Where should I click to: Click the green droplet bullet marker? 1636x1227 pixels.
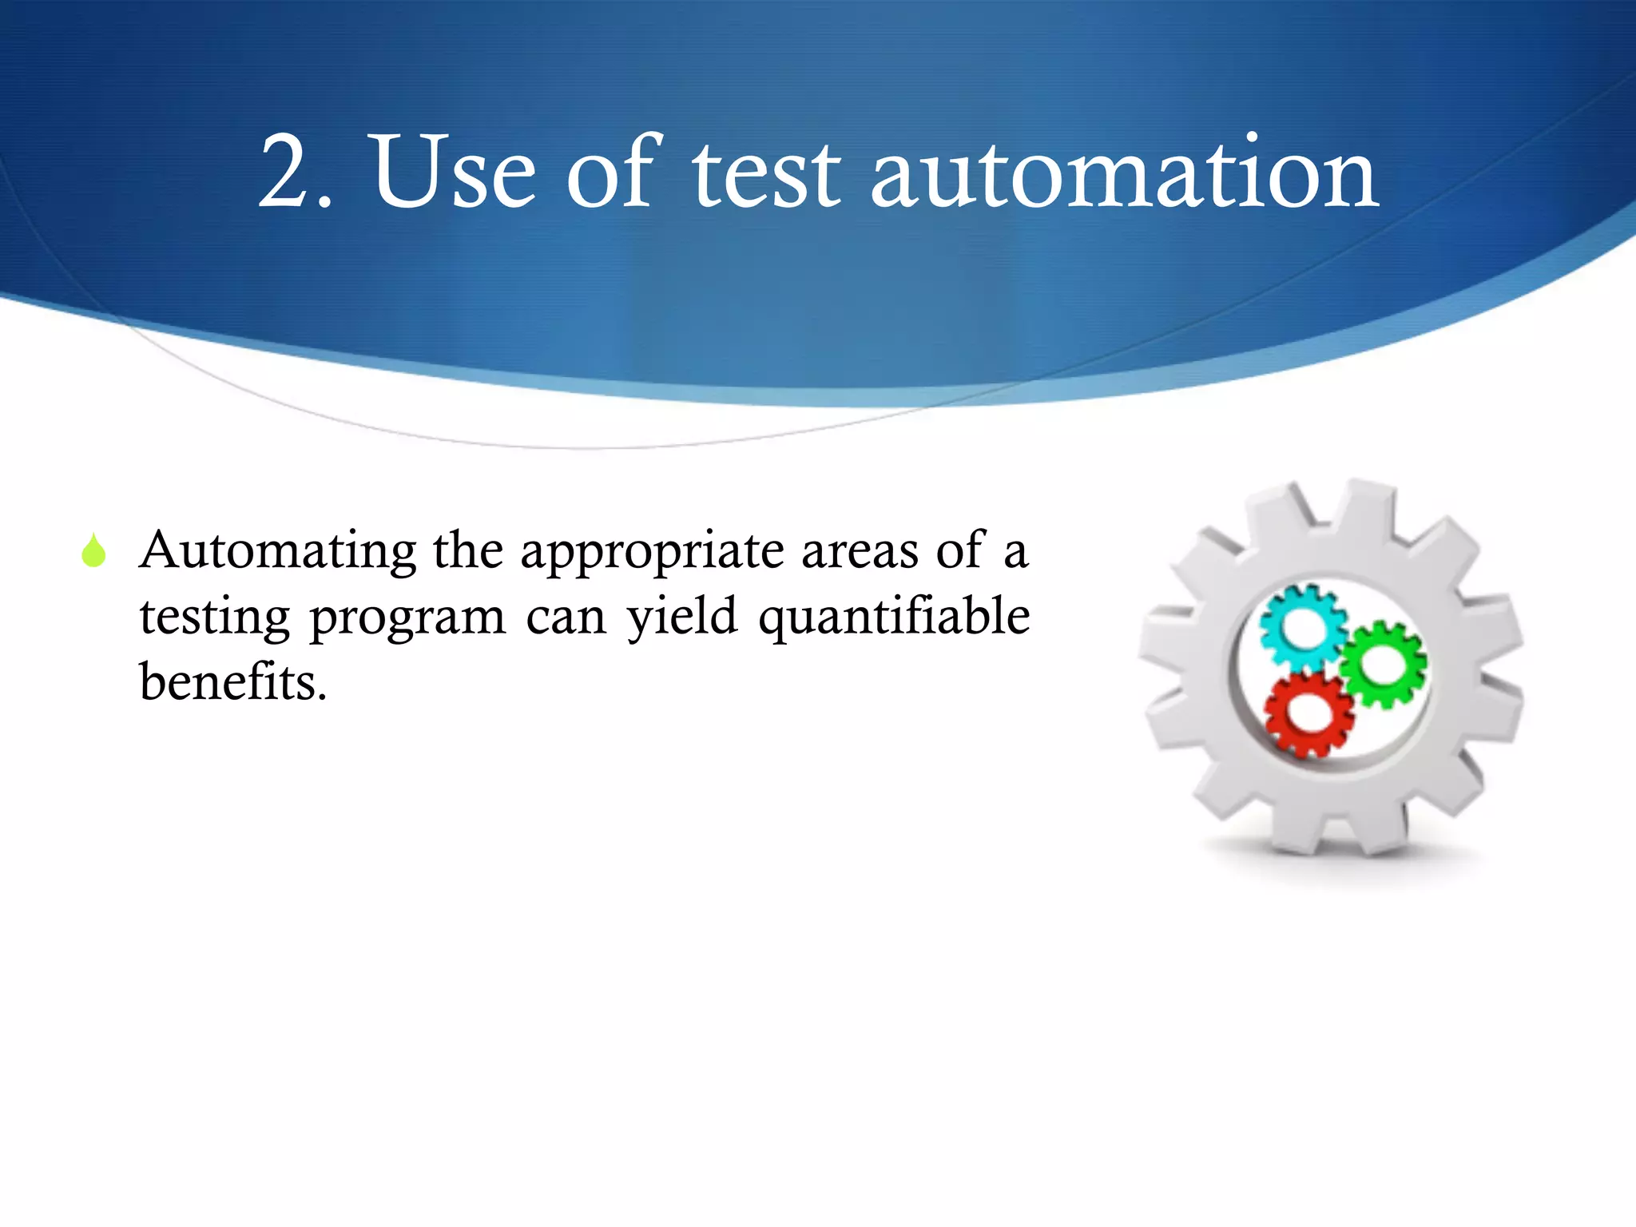[93, 551]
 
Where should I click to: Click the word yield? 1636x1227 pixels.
[681, 618]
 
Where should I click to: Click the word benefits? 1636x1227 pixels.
[232, 684]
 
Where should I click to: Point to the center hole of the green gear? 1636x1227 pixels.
[1385, 663]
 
